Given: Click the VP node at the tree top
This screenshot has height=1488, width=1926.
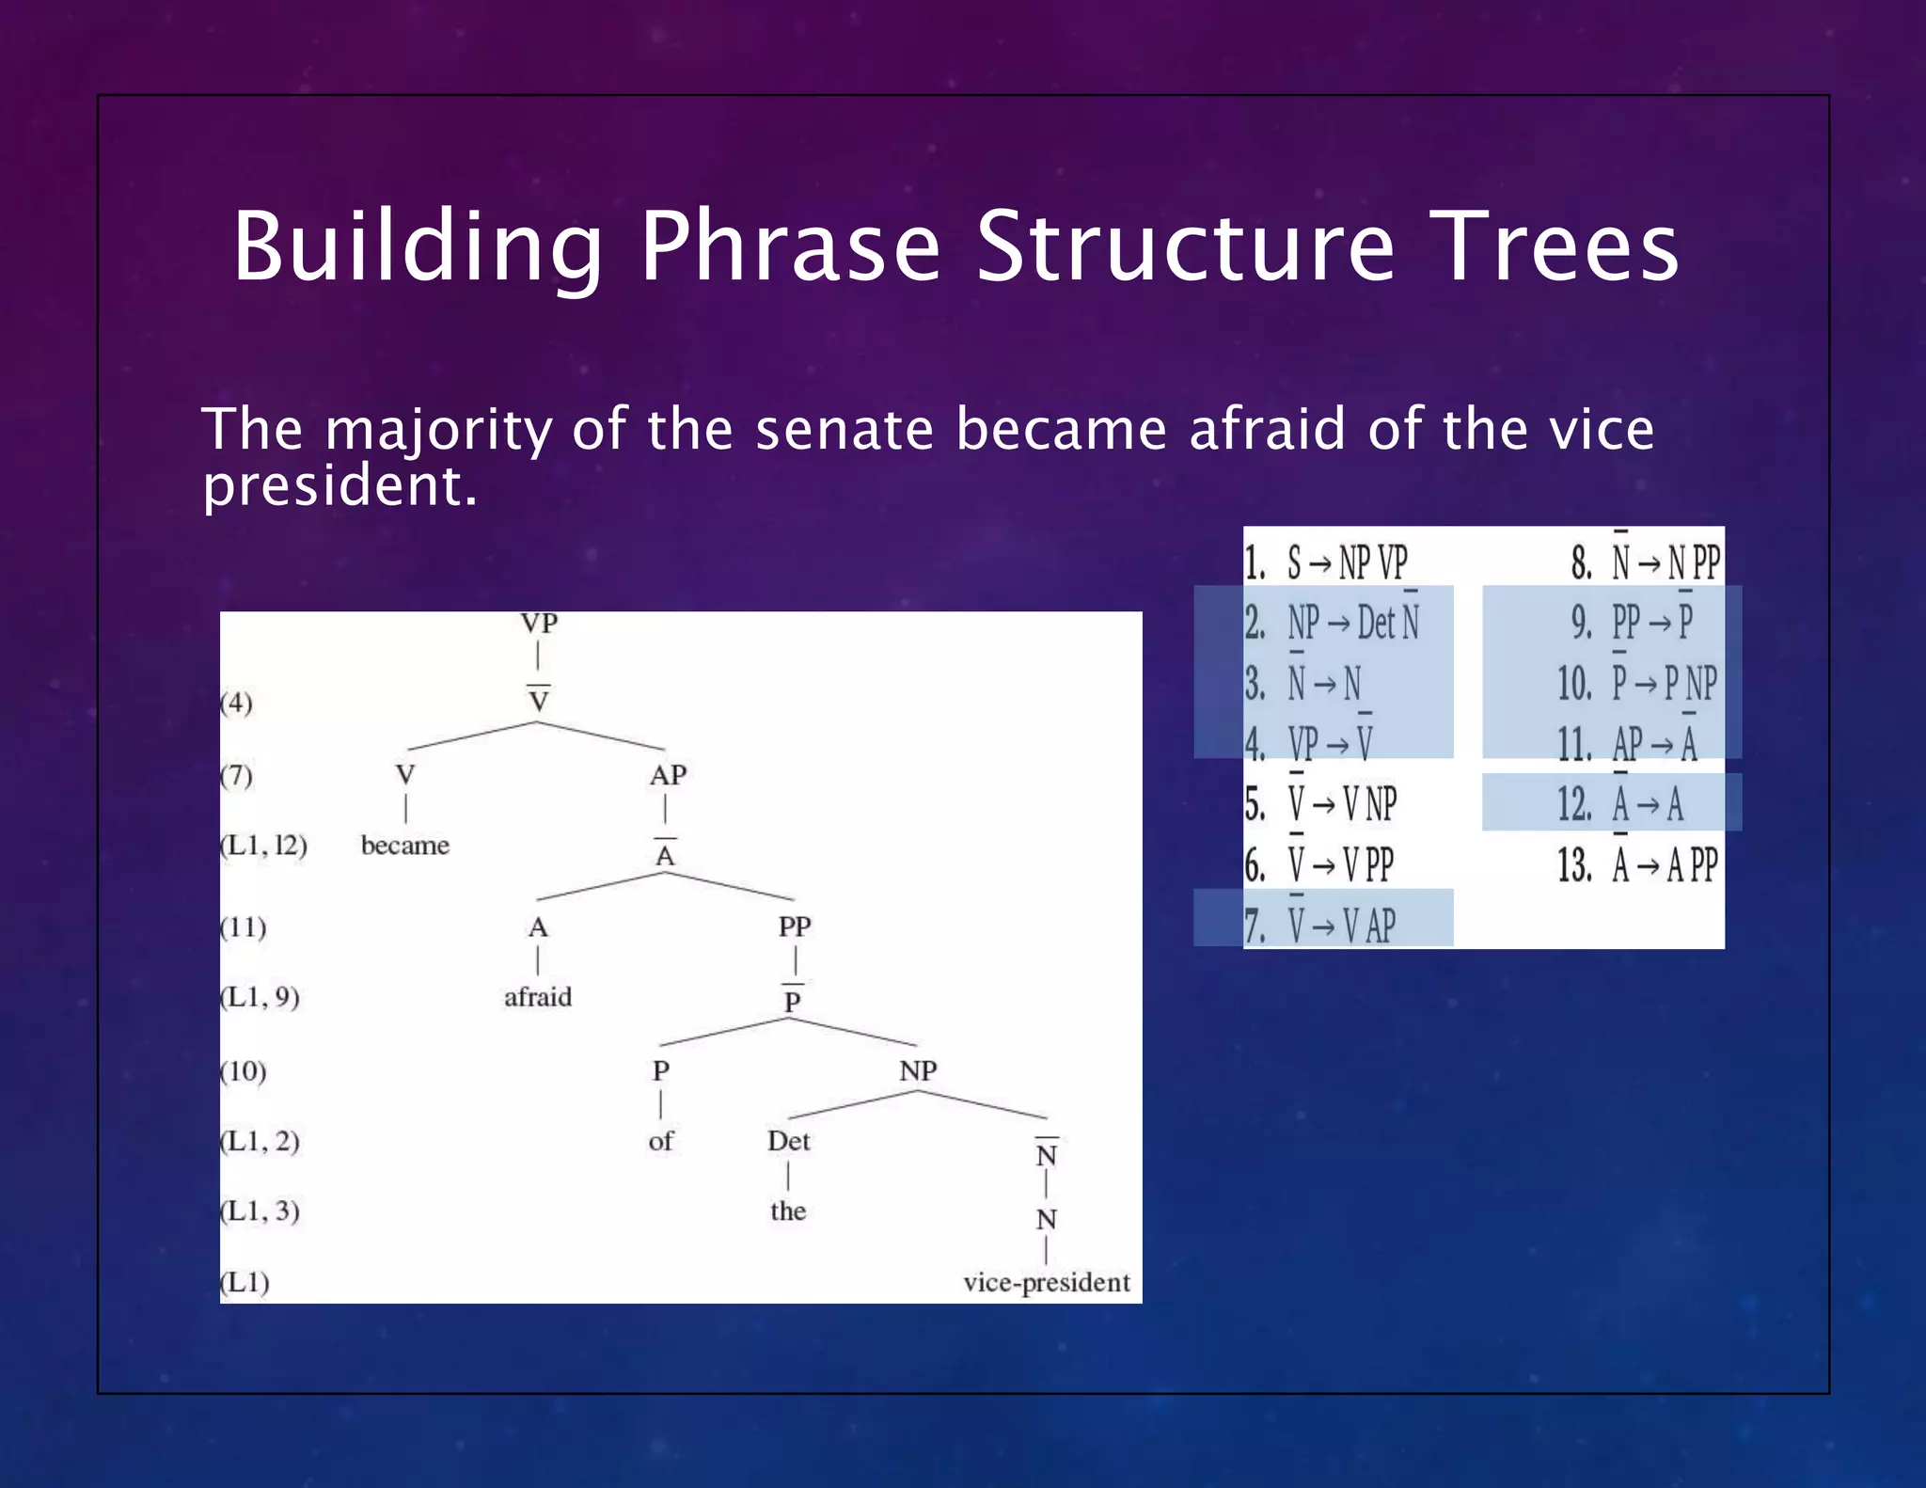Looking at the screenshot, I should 539,624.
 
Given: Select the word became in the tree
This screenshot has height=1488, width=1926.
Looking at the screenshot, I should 404,845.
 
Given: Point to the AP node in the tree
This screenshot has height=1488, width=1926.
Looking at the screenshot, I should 668,775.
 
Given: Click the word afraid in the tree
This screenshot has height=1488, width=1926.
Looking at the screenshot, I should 537,997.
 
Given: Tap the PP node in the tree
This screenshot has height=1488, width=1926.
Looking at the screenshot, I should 794,926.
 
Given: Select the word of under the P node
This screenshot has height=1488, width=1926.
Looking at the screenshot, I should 660,1141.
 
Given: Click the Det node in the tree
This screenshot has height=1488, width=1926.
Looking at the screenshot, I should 788,1141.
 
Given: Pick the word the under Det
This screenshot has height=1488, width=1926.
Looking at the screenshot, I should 788,1211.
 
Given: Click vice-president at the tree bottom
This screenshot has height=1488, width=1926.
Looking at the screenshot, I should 1046,1282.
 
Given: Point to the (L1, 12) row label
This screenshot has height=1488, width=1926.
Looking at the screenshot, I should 264,845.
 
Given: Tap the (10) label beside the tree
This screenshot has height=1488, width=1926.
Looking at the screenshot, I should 244,1070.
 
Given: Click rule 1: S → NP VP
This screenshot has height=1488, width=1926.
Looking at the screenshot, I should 1326,563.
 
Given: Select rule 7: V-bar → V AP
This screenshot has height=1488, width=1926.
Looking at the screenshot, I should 1320,926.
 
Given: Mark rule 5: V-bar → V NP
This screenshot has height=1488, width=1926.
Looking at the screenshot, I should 1320,804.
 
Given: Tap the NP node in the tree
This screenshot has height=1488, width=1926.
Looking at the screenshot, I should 918,1070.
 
